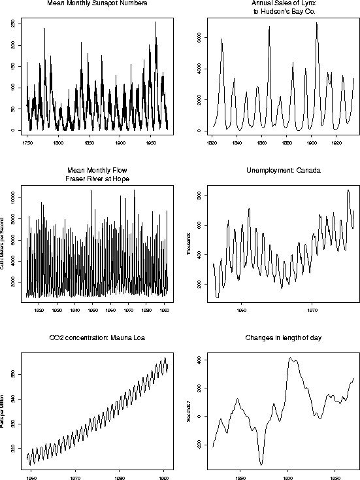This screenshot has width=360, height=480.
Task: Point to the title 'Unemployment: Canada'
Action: [279, 171]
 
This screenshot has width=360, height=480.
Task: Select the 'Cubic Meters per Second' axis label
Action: [4, 243]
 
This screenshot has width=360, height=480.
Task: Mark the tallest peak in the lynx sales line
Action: [317, 23]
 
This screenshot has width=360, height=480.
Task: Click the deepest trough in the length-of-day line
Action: [261, 464]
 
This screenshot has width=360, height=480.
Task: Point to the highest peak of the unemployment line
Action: [348, 190]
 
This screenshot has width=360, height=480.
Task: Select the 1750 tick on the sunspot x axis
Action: [27, 141]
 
